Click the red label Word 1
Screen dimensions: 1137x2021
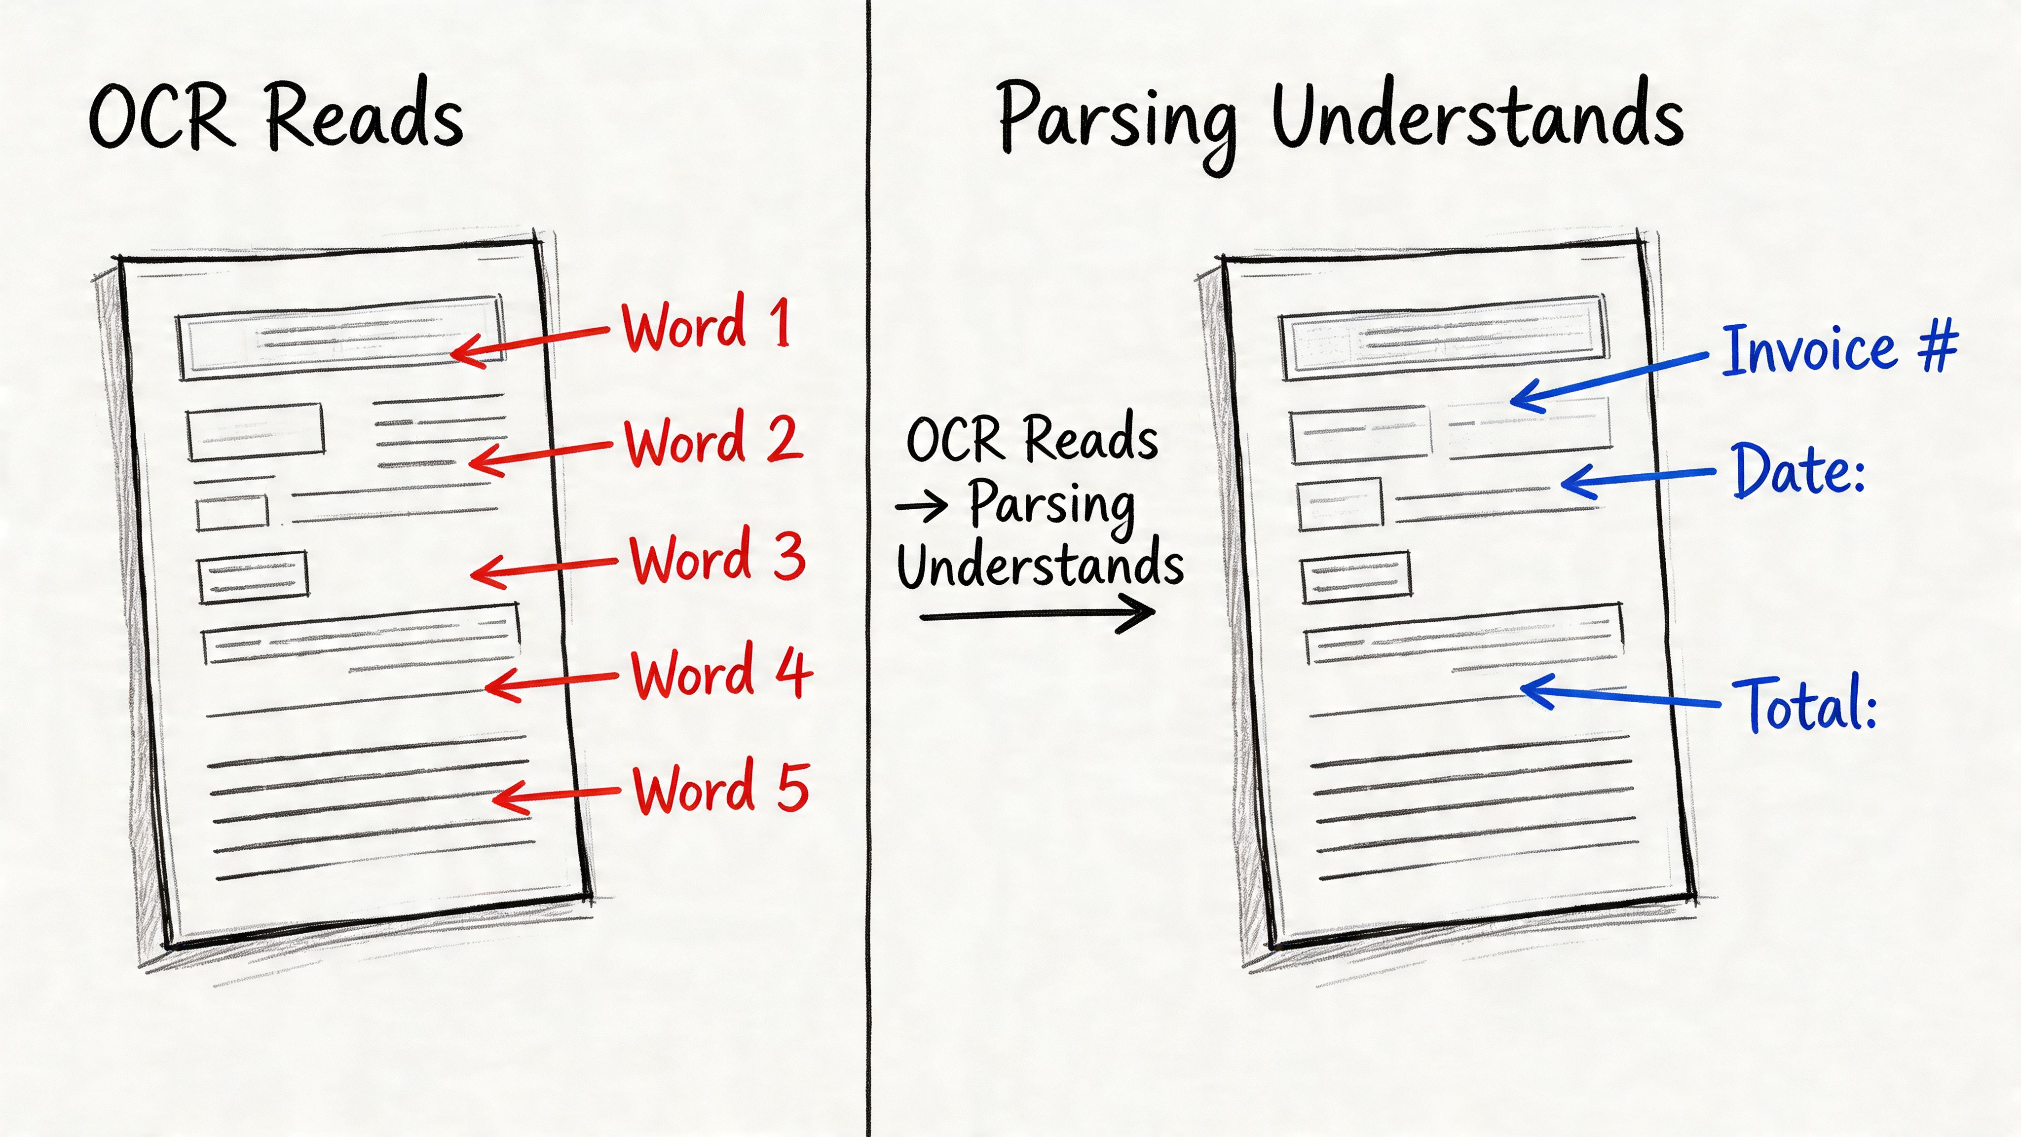tap(705, 324)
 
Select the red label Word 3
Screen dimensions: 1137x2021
tap(717, 558)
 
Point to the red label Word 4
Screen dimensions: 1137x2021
tap(721, 673)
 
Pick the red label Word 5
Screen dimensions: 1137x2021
tap(721, 789)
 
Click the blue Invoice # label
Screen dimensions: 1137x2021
tap(1839, 349)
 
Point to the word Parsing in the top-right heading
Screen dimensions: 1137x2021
tap(1117, 121)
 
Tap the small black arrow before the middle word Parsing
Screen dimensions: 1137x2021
tap(922, 506)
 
